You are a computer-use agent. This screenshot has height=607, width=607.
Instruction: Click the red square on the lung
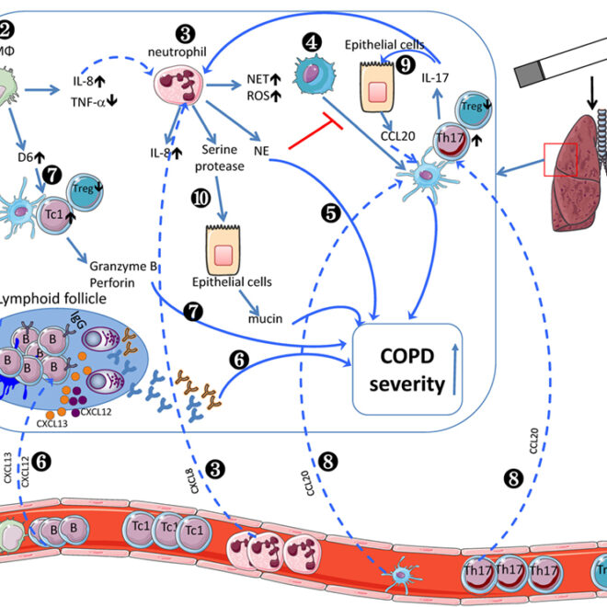(x=560, y=160)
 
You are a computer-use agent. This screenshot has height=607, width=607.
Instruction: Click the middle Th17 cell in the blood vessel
(x=509, y=571)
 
